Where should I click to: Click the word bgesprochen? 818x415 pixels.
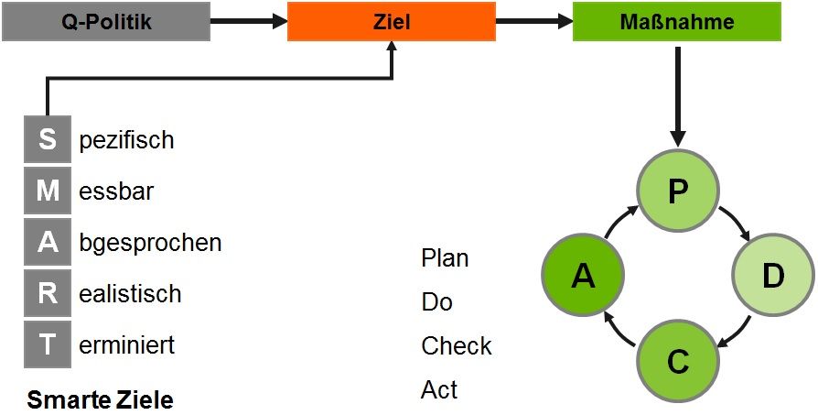click(150, 244)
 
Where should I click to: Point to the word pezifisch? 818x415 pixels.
click(126, 141)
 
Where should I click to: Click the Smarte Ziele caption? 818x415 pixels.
click(100, 400)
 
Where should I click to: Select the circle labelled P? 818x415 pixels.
click(678, 191)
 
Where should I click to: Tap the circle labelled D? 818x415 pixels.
click(773, 276)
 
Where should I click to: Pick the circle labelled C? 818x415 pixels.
click(678, 361)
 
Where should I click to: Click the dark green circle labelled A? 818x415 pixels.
click(583, 276)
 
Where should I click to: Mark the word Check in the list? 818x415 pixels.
click(457, 345)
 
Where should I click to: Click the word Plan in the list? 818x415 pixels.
click(445, 258)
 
